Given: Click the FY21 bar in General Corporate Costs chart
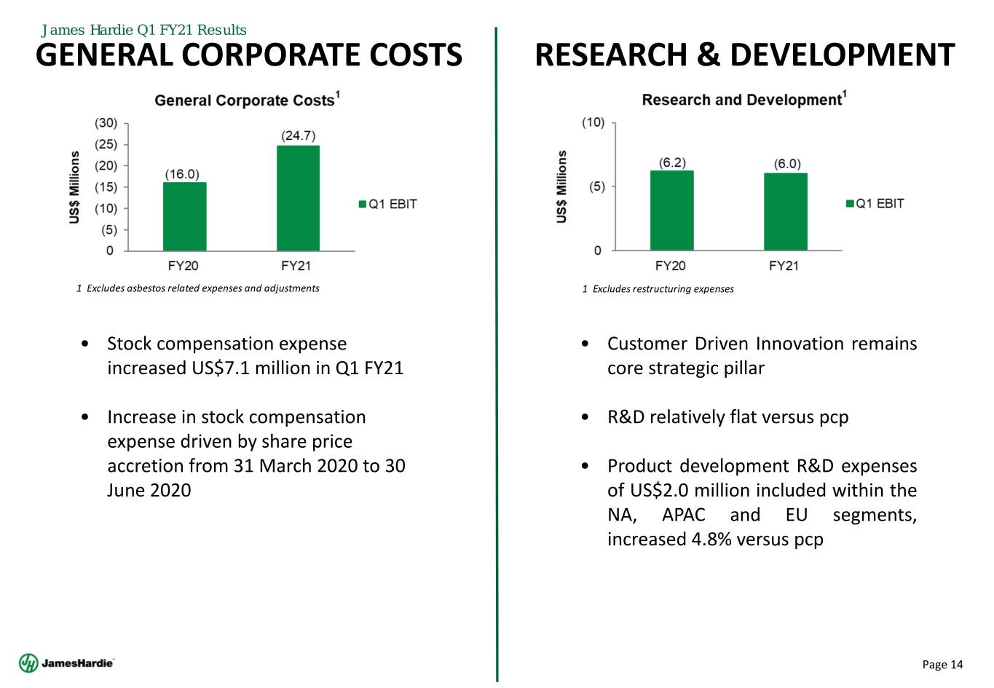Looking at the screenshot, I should (298, 198).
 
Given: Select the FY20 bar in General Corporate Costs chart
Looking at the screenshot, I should (184, 216).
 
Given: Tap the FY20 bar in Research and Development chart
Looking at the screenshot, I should (671, 210).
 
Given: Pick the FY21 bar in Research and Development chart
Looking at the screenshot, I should (785, 212).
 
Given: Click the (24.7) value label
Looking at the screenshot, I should (298, 136).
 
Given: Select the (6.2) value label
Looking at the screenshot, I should (671, 162).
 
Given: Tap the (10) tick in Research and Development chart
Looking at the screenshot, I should (592, 122).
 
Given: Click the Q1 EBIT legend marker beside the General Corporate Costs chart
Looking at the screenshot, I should (363, 205).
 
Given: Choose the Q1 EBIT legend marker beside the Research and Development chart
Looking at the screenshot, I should (849, 204).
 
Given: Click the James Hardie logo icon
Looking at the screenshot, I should (28, 663).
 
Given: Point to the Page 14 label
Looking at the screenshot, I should (942, 664).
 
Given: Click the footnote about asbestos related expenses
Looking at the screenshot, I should (198, 288).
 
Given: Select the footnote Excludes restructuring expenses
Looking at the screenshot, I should (658, 289).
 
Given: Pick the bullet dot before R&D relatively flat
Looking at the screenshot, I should (586, 418).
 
